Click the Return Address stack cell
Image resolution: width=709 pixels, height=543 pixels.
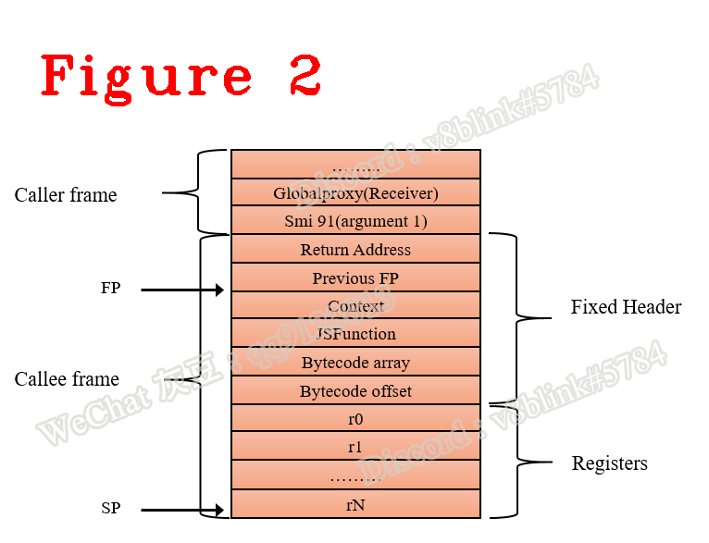tap(355, 250)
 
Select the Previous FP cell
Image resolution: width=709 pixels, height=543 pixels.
tap(355, 278)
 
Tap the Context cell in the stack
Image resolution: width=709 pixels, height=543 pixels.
tap(355, 306)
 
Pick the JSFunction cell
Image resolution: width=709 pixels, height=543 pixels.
tap(355, 334)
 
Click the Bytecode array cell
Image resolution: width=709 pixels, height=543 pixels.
tap(355, 363)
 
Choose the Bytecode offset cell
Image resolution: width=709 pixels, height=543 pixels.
tap(355, 391)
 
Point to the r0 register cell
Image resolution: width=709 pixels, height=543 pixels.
tap(355, 419)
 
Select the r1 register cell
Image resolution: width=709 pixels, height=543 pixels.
tap(355, 448)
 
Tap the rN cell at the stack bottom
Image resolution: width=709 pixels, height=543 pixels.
tap(355, 504)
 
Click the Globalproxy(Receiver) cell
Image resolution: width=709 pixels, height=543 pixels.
tap(355, 193)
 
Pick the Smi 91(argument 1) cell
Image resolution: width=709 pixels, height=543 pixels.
tap(355, 222)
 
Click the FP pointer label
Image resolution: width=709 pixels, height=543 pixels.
tap(110, 289)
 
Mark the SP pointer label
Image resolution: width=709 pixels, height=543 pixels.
tap(110, 509)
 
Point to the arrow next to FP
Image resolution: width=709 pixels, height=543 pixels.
tap(182, 290)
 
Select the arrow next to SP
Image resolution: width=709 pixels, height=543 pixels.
tap(182, 510)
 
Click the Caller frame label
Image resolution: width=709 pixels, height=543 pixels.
tap(66, 195)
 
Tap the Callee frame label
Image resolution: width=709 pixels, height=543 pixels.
tap(67, 379)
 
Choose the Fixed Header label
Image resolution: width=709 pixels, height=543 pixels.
tap(626, 307)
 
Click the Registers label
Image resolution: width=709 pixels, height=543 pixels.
tap(609, 463)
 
